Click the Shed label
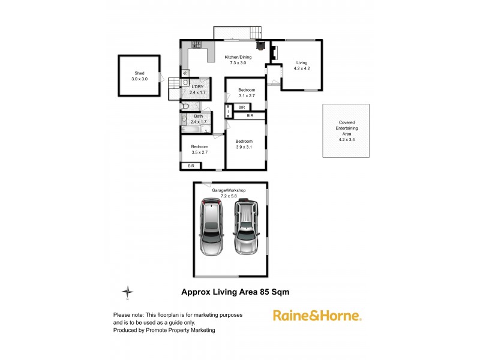[x=139, y=73]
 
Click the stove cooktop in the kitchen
[x=196, y=44]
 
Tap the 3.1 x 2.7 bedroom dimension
[x=247, y=95]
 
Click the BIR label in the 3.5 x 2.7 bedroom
[x=192, y=166]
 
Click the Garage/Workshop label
[x=229, y=190]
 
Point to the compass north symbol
[x=128, y=292]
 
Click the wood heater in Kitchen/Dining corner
[x=260, y=44]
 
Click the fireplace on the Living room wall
[x=274, y=54]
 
